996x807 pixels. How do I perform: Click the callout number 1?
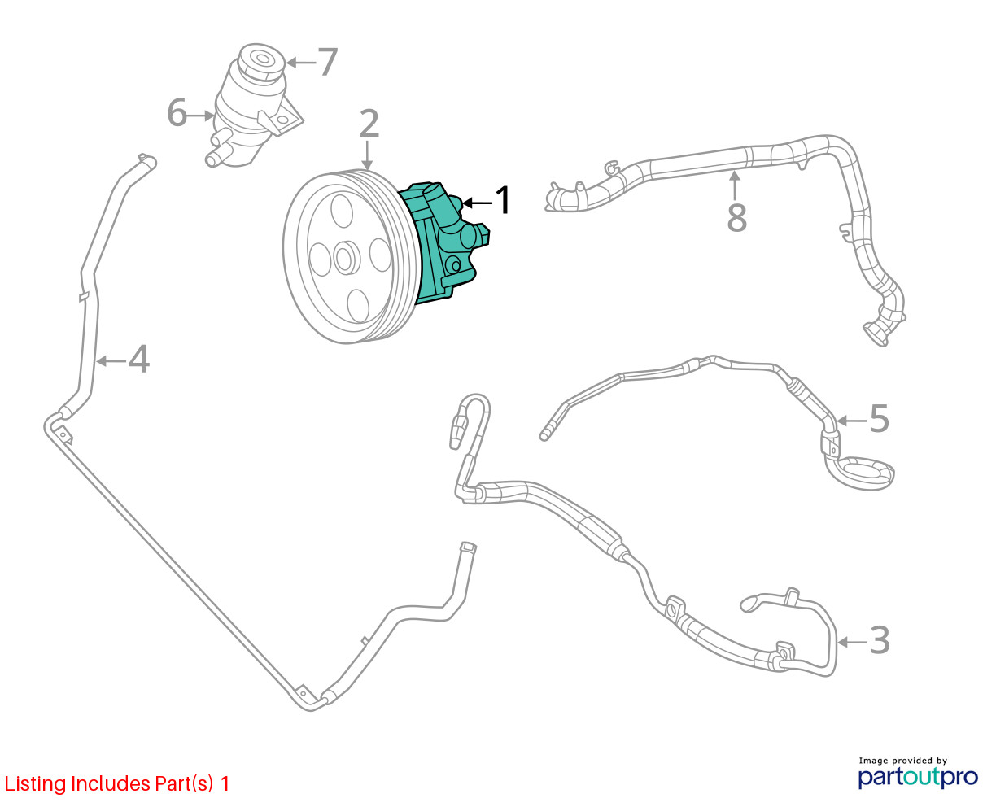[504, 200]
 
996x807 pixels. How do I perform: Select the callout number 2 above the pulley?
[369, 124]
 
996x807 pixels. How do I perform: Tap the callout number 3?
[880, 641]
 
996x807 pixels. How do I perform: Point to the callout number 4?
[139, 359]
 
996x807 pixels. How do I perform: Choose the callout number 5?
[879, 419]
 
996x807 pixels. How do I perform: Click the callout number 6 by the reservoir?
[177, 114]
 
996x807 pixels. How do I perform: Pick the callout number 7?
[327, 62]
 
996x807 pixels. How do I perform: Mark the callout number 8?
[736, 217]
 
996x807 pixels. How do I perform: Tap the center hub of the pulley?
[344, 259]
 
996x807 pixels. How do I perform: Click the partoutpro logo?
[918, 777]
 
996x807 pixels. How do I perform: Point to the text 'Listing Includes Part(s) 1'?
[117, 783]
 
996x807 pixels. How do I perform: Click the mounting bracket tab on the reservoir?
[282, 120]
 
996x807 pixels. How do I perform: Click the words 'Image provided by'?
[902, 761]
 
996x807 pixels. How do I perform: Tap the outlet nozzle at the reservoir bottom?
[214, 158]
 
